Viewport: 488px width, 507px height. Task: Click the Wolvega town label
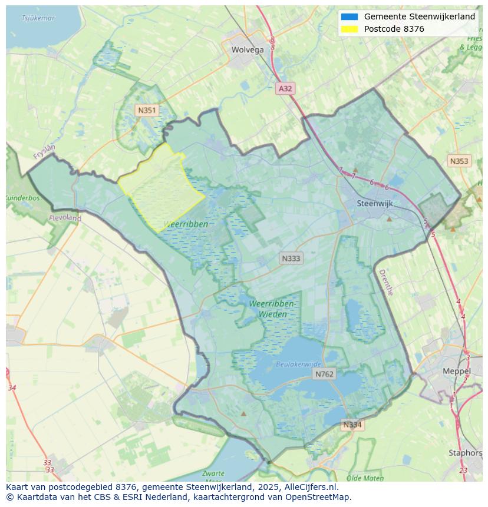pyautogui.click(x=248, y=50)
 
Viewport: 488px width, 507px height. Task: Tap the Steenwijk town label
pyautogui.click(x=375, y=203)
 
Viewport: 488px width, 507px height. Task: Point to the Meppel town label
pyautogui.click(x=456, y=372)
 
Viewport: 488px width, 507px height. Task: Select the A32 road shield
pyautogui.click(x=285, y=88)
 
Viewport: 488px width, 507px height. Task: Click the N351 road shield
pyautogui.click(x=147, y=110)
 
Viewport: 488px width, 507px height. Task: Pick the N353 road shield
pyautogui.click(x=459, y=161)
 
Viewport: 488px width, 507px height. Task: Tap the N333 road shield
pyautogui.click(x=291, y=258)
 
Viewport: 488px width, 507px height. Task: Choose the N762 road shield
pyautogui.click(x=324, y=374)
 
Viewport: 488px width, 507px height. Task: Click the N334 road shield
pyautogui.click(x=352, y=425)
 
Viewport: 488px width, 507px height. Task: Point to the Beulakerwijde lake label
pyautogui.click(x=298, y=364)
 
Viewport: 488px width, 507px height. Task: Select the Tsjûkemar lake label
pyautogui.click(x=38, y=18)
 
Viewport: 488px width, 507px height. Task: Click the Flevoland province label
pyautogui.click(x=67, y=218)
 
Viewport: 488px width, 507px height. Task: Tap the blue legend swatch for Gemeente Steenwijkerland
pyautogui.click(x=349, y=17)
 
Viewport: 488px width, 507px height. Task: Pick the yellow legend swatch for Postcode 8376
pyautogui.click(x=349, y=29)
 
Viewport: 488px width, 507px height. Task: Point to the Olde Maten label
pyautogui.click(x=365, y=478)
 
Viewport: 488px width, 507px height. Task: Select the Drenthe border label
pyautogui.click(x=385, y=282)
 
